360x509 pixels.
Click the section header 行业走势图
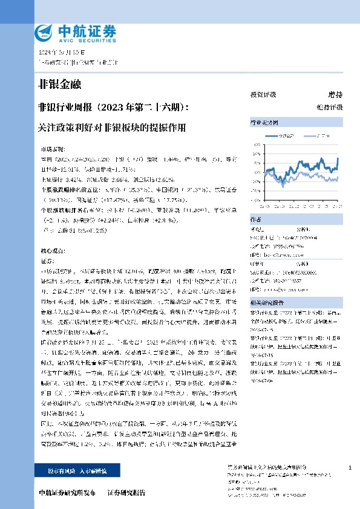262,122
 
